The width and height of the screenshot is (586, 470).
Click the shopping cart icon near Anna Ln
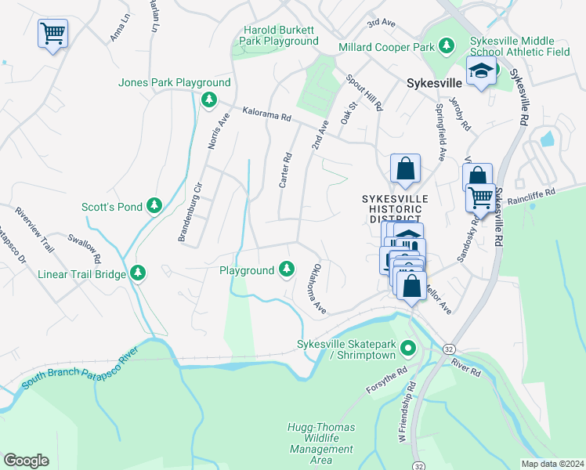(52, 34)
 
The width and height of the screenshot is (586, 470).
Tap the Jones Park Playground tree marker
(208, 99)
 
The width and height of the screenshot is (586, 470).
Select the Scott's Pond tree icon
(155, 206)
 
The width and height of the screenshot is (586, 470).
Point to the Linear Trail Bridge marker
(139, 273)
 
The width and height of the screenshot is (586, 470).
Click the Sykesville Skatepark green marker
(407, 347)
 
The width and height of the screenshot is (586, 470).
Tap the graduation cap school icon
(479, 72)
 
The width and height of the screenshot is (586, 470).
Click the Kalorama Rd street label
(266, 114)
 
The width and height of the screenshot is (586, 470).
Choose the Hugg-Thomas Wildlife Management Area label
(321, 443)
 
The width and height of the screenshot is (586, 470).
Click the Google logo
(26, 460)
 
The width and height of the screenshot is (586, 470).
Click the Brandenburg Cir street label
(190, 214)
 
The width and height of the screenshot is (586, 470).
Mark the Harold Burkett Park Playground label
(280, 35)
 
